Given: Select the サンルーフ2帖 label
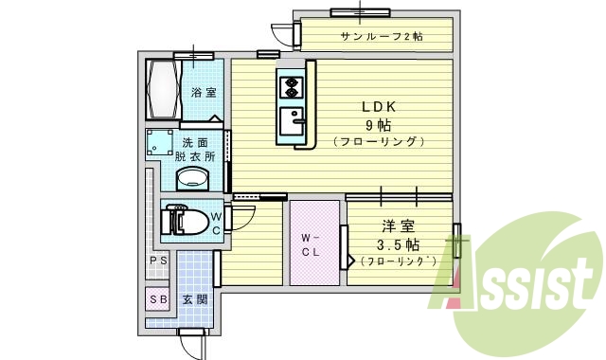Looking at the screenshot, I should click(382, 37).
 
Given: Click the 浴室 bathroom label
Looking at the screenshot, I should click(203, 93).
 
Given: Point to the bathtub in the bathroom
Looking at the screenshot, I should click(163, 89).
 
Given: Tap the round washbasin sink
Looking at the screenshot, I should click(195, 177).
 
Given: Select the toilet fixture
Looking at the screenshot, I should click(186, 221).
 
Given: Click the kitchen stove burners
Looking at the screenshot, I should click(290, 88).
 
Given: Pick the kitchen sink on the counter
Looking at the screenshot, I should click(291, 121).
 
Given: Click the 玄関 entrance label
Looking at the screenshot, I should click(194, 299).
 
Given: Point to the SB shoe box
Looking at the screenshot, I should click(158, 299).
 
